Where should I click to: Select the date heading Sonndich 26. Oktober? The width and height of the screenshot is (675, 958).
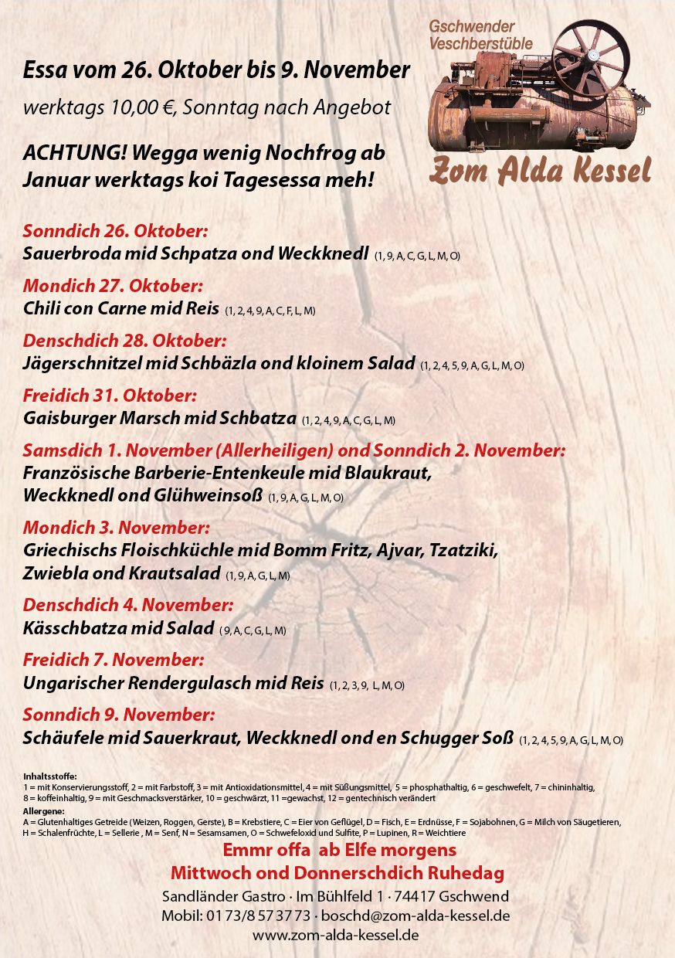coord(116,231)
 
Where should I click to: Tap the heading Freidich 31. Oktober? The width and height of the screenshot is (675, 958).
coord(110,396)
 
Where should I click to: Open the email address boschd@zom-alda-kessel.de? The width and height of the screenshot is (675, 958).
coord(416,916)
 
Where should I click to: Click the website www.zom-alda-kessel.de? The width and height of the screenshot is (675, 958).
coord(336,935)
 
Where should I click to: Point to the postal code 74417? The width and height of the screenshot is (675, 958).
coord(414,896)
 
